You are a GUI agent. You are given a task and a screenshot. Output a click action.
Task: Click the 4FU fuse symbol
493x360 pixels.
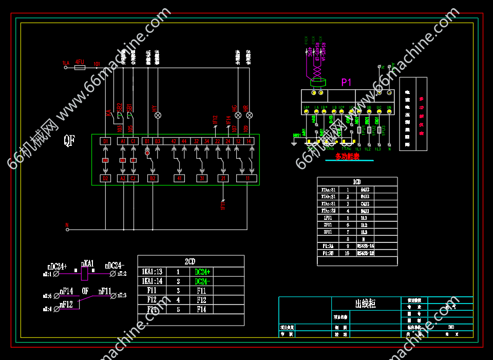[80, 67]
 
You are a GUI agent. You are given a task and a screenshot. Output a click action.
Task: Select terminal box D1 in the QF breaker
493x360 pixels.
[105, 141]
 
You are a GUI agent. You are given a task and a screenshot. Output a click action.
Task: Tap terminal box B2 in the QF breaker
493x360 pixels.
[152, 179]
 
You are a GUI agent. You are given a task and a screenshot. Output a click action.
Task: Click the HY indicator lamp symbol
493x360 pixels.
[158, 115]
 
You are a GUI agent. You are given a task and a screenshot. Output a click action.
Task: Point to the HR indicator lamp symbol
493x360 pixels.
[246, 115]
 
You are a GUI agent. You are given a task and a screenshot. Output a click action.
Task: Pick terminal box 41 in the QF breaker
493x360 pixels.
[179, 179]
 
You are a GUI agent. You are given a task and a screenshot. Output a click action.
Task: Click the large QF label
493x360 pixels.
[69, 140]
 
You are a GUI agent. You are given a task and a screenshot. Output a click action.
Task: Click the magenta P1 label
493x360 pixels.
[346, 82]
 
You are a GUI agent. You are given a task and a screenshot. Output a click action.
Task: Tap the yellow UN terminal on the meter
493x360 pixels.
[389, 112]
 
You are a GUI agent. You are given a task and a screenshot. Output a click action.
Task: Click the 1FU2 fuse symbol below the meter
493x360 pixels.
[368, 130]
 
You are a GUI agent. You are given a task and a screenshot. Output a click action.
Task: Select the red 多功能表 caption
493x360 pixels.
[348, 156]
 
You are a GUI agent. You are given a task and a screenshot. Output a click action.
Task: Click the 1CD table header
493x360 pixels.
[357, 182]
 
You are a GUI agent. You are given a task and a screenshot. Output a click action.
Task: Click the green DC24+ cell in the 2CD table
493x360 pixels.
[203, 272]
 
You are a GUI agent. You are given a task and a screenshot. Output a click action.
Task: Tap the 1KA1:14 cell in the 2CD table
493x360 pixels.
[152, 281]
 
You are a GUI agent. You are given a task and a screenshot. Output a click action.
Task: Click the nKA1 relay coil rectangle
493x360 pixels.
[86, 274]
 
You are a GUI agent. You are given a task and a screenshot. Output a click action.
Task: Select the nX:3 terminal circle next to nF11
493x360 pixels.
[113, 295]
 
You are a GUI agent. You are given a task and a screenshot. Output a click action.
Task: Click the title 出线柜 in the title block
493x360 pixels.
[365, 304]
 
